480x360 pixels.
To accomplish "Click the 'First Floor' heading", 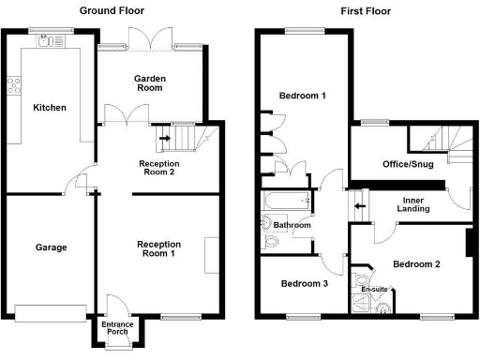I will tap(366, 10).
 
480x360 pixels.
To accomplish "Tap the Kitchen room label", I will tap(50, 108).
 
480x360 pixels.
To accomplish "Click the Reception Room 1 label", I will tap(158, 248).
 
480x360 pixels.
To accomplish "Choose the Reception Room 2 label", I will tap(158, 167).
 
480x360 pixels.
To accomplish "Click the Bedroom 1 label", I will tap(303, 96).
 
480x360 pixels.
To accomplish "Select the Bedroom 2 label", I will tap(416, 264).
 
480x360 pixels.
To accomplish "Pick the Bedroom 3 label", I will tap(304, 284).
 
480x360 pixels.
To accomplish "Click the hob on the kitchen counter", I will tap(14, 86).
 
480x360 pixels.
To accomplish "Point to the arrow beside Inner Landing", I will tap(358, 205).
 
